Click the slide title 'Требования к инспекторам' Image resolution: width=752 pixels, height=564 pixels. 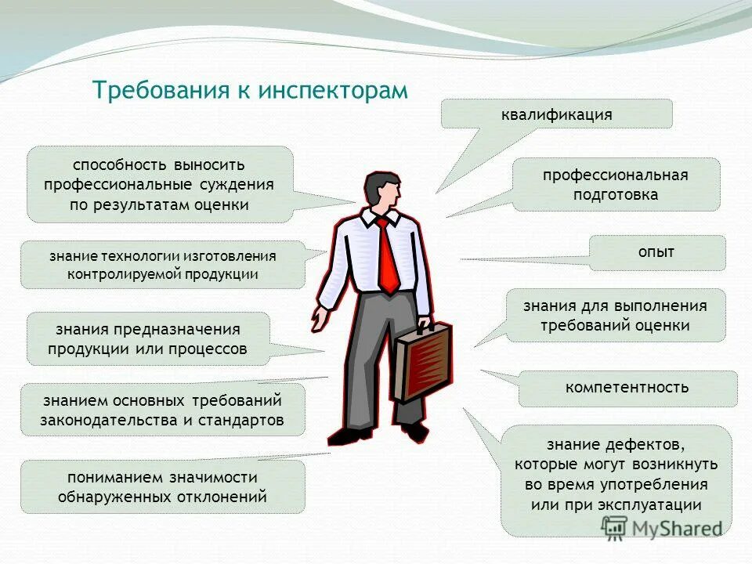250,90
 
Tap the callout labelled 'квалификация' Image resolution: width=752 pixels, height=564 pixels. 556,114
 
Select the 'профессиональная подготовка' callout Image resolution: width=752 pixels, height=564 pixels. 616,185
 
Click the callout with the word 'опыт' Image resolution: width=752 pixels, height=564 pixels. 656,252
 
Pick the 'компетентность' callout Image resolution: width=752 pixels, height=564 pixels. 627,387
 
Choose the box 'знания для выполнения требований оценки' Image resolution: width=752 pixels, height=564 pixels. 616,316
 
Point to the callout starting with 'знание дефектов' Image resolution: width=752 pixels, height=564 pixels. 616,475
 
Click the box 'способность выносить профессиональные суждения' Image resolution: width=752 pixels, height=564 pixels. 159,185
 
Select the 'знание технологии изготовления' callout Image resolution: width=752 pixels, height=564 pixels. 162,265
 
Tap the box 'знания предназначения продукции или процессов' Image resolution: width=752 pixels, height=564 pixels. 148,338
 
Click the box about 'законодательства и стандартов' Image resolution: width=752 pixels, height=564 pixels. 162,410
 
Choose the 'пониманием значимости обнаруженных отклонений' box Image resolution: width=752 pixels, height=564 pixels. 162,486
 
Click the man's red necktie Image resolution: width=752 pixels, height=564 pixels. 387,255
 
